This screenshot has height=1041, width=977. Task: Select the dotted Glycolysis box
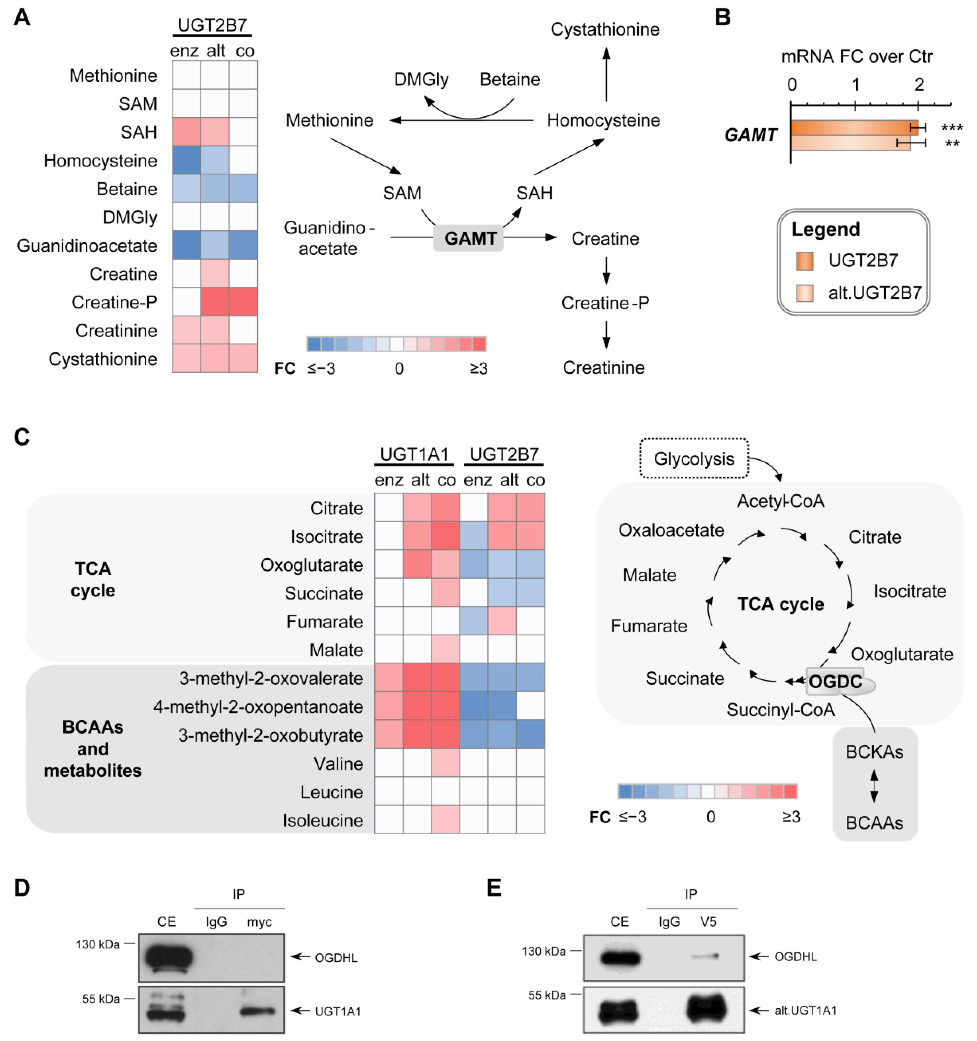pos(694,459)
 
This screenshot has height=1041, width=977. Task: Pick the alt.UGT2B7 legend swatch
pos(805,293)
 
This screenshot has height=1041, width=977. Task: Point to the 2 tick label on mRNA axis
pos(919,84)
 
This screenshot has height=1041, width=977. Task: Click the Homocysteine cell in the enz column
pos(186,160)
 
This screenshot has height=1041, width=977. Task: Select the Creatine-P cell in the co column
pos(243,302)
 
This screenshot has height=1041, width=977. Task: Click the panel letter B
pos(723,17)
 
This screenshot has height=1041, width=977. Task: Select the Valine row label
pos(338,763)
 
